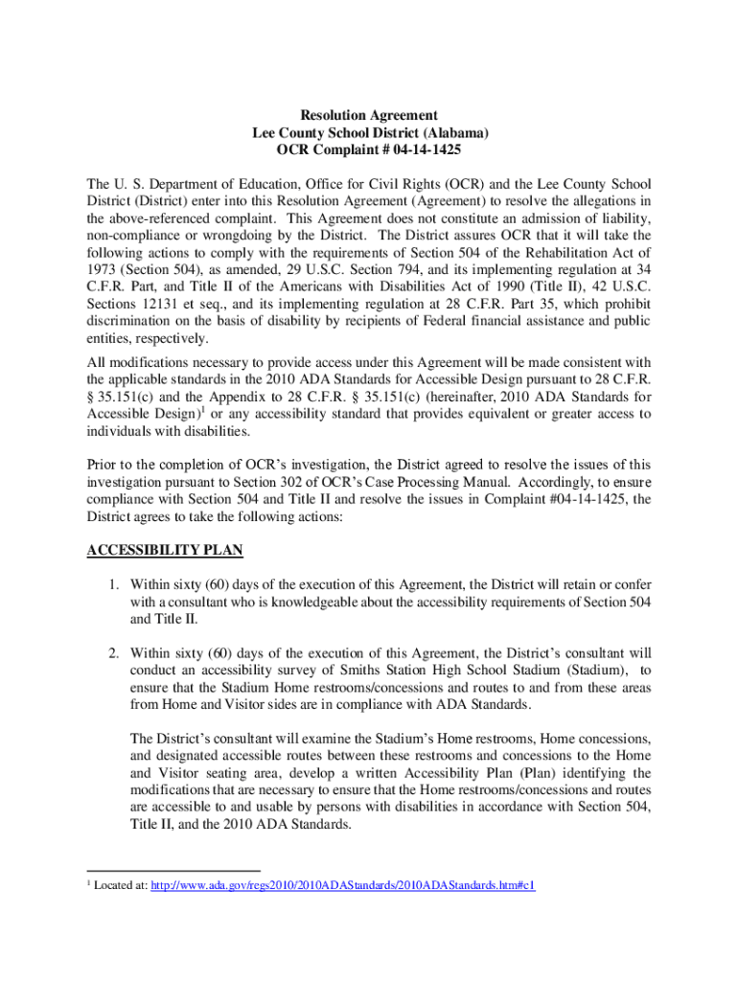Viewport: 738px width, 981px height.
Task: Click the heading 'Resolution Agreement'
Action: click(369, 115)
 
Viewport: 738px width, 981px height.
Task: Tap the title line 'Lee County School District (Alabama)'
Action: click(369, 133)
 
